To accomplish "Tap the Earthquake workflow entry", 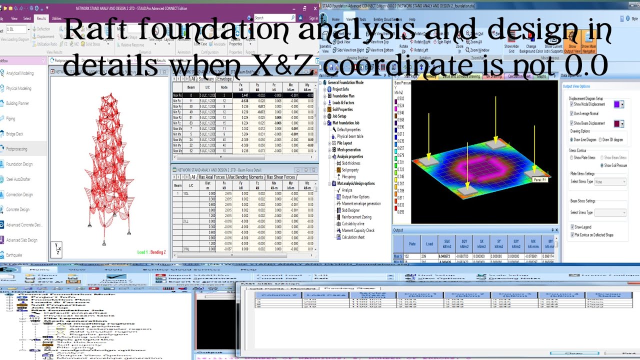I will coord(13,255).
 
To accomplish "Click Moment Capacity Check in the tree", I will coord(358,230).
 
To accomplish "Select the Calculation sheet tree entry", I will coord(353,237).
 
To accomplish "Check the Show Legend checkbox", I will coord(572,227).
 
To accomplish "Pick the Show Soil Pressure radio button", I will coord(602,165).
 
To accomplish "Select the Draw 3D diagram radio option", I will coord(600,139).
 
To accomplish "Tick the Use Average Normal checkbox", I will coord(571,113).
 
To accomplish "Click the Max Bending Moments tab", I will coord(245,177).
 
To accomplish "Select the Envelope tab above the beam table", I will coord(224,79).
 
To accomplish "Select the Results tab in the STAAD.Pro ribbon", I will coord(41,18).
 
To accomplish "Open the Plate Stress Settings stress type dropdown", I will coord(610,182).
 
